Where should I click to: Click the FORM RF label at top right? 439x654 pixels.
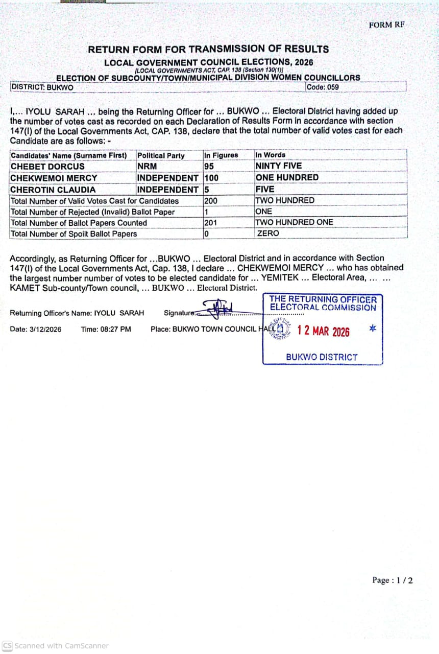[386, 25]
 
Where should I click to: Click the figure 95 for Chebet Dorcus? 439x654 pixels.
[209, 166]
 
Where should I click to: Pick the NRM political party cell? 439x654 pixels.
[147, 166]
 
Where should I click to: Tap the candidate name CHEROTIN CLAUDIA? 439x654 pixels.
[53, 190]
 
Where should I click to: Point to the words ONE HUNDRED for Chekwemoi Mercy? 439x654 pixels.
[286, 178]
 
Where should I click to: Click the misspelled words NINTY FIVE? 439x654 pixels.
[278, 166]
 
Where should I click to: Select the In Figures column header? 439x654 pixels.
[221, 155]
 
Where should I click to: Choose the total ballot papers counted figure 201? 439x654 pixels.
[210, 223]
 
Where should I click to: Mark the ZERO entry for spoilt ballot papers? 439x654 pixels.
[268, 233]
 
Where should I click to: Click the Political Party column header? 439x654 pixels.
[161, 155]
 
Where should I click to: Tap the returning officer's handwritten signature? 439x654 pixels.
[218, 308]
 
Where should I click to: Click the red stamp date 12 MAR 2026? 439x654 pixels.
[324, 331]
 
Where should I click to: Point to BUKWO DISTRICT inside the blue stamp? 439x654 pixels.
[322, 357]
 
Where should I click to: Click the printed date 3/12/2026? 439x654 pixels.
[44, 330]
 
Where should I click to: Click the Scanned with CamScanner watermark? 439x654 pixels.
[56, 646]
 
